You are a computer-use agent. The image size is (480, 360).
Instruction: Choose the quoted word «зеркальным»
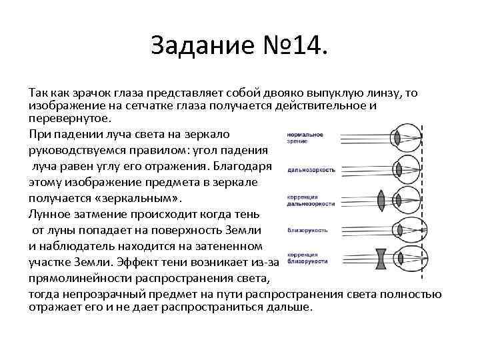point(137,198)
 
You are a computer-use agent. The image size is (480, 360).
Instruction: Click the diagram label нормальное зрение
point(304,138)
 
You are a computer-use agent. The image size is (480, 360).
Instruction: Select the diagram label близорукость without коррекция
point(307,230)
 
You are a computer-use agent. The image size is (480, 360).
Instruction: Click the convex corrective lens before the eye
point(381,199)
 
